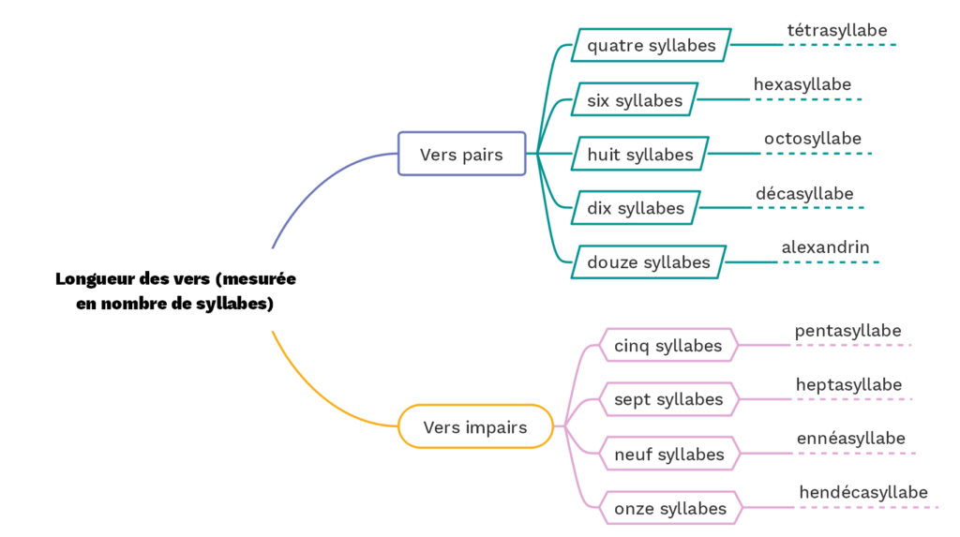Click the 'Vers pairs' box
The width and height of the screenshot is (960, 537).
coord(461,154)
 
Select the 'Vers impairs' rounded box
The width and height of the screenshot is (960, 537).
coord(474,427)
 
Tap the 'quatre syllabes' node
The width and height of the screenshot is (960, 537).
coord(652,45)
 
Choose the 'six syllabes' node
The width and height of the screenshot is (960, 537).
coord(635,99)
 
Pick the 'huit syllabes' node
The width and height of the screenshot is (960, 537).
coord(640,154)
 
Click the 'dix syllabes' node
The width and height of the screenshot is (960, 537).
coord(636,208)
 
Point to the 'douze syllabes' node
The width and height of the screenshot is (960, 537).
coord(649,262)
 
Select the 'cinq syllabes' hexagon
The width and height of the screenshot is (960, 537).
coord(668,346)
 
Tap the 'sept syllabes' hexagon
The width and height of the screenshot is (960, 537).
coord(668,400)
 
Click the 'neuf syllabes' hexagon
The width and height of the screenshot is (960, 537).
coord(669,455)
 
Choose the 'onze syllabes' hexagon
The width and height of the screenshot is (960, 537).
coord(670,509)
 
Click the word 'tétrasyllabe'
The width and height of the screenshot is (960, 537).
coord(837,31)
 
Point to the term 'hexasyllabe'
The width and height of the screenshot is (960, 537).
coord(802,85)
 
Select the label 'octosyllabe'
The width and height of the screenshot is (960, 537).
coord(813,140)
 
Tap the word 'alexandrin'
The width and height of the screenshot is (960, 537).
coord(826,248)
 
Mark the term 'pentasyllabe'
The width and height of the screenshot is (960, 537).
coord(848,331)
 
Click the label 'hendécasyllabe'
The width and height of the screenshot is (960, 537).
coord(863,493)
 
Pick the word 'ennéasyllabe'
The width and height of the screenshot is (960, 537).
coord(851,439)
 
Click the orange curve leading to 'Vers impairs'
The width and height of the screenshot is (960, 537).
coord(309,394)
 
